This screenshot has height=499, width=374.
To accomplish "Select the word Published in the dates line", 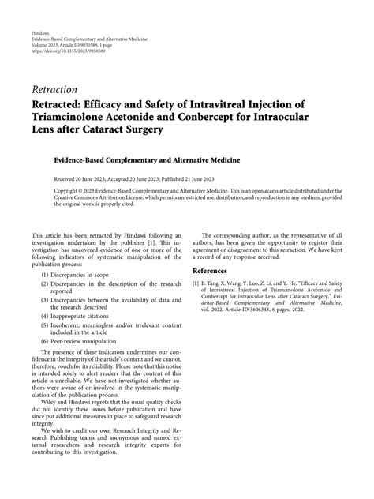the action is [x=189, y=178].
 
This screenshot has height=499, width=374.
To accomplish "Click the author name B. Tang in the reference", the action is [x=219, y=283].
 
